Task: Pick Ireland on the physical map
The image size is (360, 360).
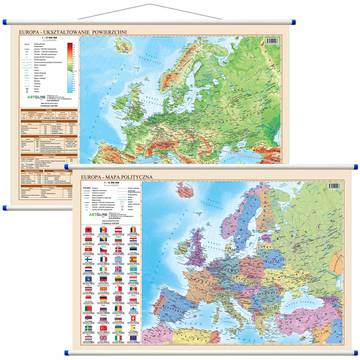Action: [144, 92]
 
